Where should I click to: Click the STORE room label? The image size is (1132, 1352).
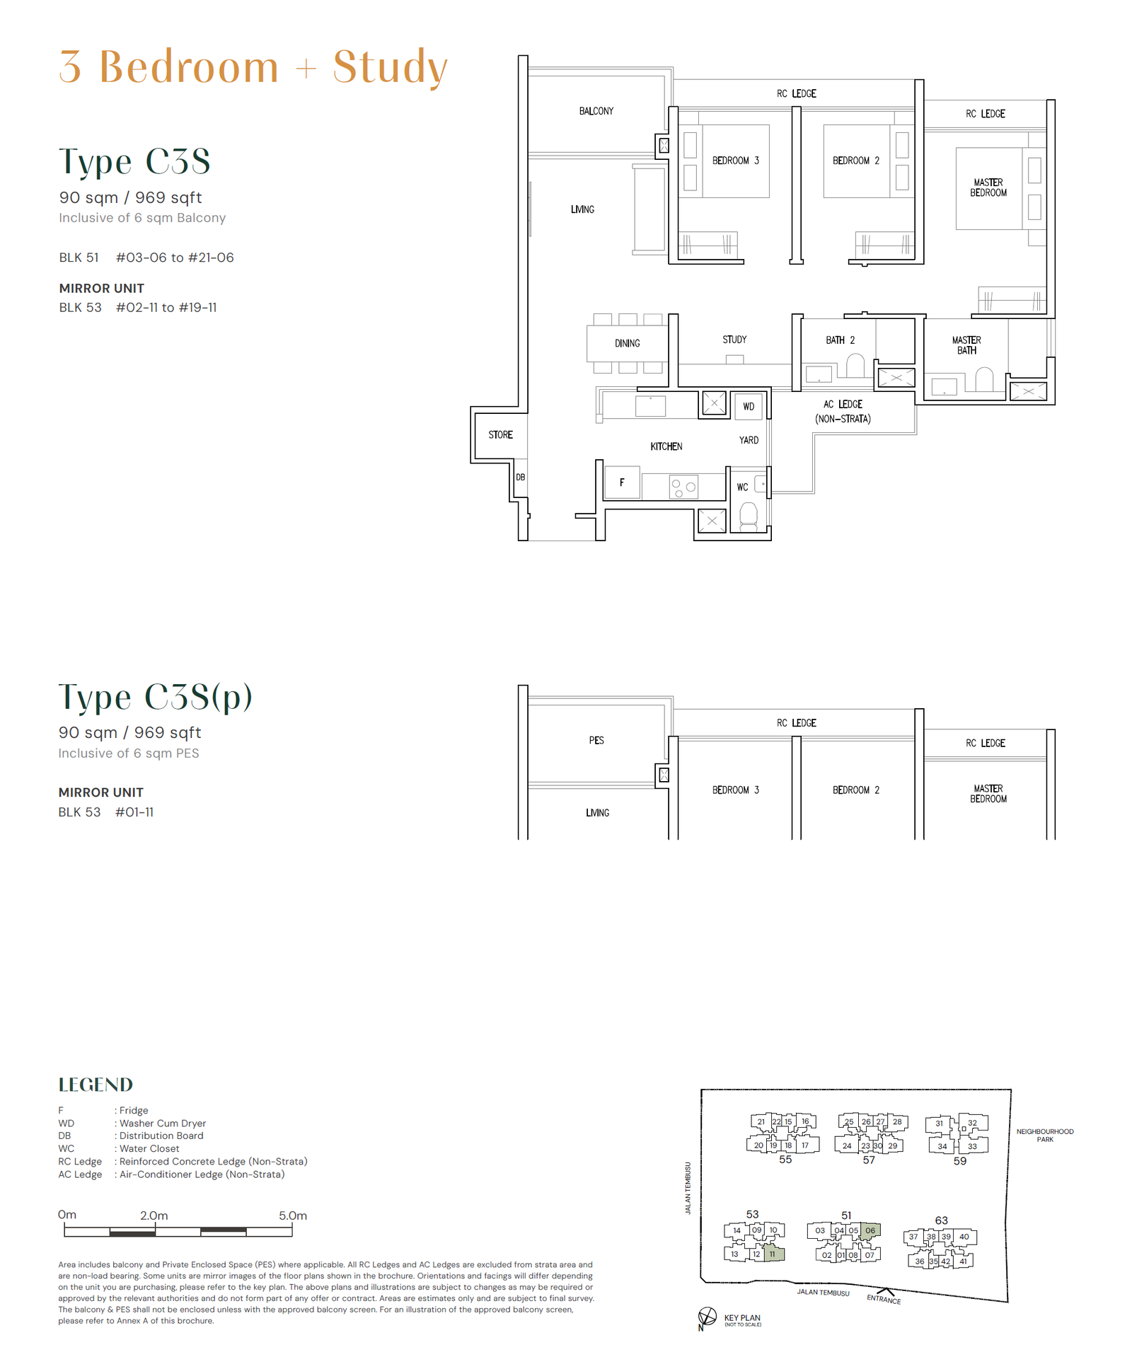coord(500,435)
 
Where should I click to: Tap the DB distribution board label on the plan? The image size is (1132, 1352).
coord(520,478)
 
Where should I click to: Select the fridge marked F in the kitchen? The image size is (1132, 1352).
coord(623,483)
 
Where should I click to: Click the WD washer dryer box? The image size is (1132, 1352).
coord(749,407)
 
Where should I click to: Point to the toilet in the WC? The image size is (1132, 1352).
coord(748,514)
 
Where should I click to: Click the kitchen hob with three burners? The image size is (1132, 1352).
coord(683,487)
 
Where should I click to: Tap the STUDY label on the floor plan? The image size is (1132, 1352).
coord(734,340)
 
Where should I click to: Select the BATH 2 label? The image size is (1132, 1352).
coord(840,340)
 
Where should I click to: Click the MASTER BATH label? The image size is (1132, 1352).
coord(966,345)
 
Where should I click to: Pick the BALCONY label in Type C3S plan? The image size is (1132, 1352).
coord(596,111)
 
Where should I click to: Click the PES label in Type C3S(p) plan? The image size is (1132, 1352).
coord(596,741)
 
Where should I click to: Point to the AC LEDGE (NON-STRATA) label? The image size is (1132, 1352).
coord(843,412)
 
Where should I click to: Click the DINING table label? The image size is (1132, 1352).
coord(627,344)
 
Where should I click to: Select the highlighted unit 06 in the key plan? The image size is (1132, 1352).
coord(871,1230)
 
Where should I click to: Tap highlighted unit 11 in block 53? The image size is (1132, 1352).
coord(773,1254)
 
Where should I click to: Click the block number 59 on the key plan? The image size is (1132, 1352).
coord(960,1161)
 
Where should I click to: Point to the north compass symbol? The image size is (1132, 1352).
coord(707,1317)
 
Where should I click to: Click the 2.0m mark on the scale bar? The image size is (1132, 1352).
coord(154,1215)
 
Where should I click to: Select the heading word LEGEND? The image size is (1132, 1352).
coord(96,1085)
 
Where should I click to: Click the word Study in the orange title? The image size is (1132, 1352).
coord(391,67)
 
